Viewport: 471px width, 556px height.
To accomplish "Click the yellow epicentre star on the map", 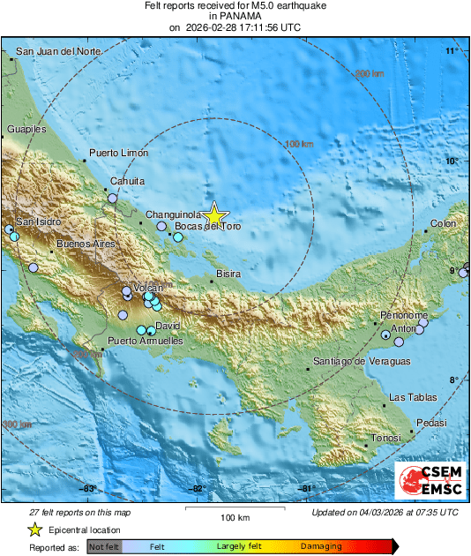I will coord(213,214).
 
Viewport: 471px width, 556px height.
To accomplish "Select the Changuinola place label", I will coord(168,214).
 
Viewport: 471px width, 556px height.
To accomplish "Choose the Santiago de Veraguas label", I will coord(363,362).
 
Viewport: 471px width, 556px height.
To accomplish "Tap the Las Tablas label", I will coord(411,397).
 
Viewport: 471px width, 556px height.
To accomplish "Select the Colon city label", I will coord(444,223).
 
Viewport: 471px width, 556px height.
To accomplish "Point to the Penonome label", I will coord(404,315).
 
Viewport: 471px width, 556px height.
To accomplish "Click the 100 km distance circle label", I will coord(301,143).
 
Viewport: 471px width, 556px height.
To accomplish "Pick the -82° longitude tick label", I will coord(198,488).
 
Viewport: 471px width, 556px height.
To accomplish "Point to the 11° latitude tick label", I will coord(452,52).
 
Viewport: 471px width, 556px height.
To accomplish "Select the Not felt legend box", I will coord(103,547).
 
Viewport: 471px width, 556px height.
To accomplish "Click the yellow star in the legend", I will coord(34,530).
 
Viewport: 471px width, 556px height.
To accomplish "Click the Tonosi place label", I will coord(385,438).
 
